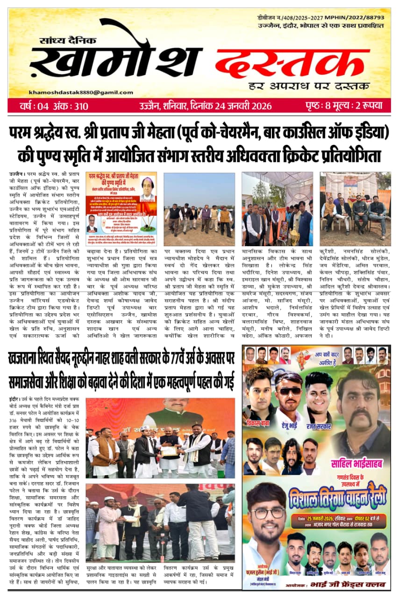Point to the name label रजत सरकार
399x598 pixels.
point(318,427)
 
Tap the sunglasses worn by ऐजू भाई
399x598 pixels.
point(290,391)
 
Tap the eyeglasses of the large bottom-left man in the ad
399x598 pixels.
point(266,513)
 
